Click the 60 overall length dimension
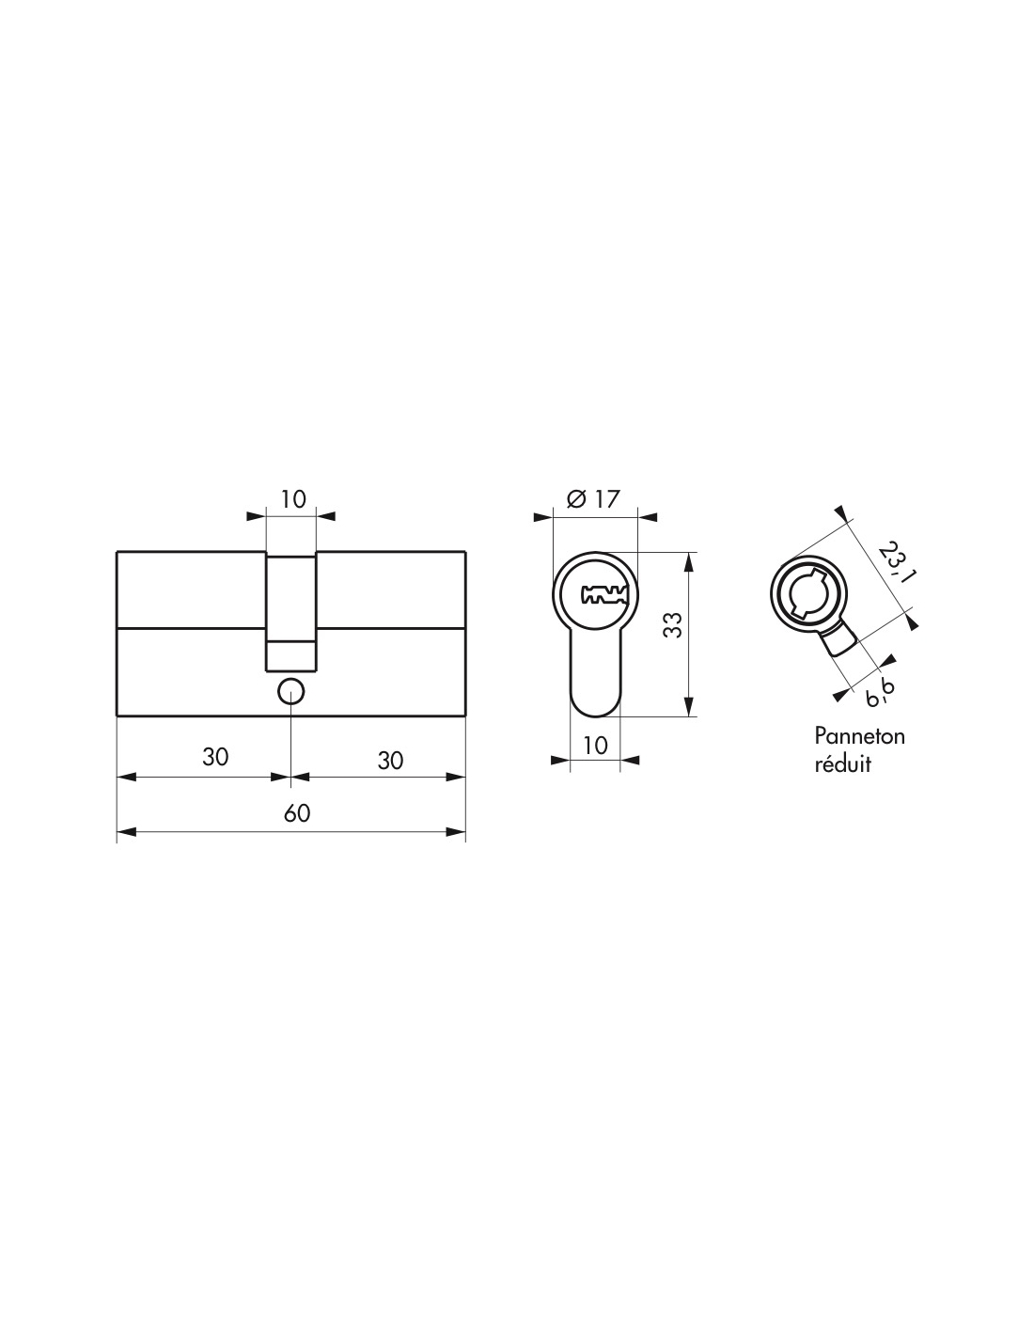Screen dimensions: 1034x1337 (297, 812)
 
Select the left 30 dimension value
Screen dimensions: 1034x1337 (215, 757)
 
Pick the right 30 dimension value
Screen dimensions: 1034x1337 (390, 761)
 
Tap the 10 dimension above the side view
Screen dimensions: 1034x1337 (293, 499)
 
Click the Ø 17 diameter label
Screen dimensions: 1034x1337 (593, 499)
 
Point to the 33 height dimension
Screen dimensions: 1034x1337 (674, 624)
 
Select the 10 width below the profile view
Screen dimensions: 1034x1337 (595, 745)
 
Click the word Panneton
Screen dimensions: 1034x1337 (859, 736)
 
